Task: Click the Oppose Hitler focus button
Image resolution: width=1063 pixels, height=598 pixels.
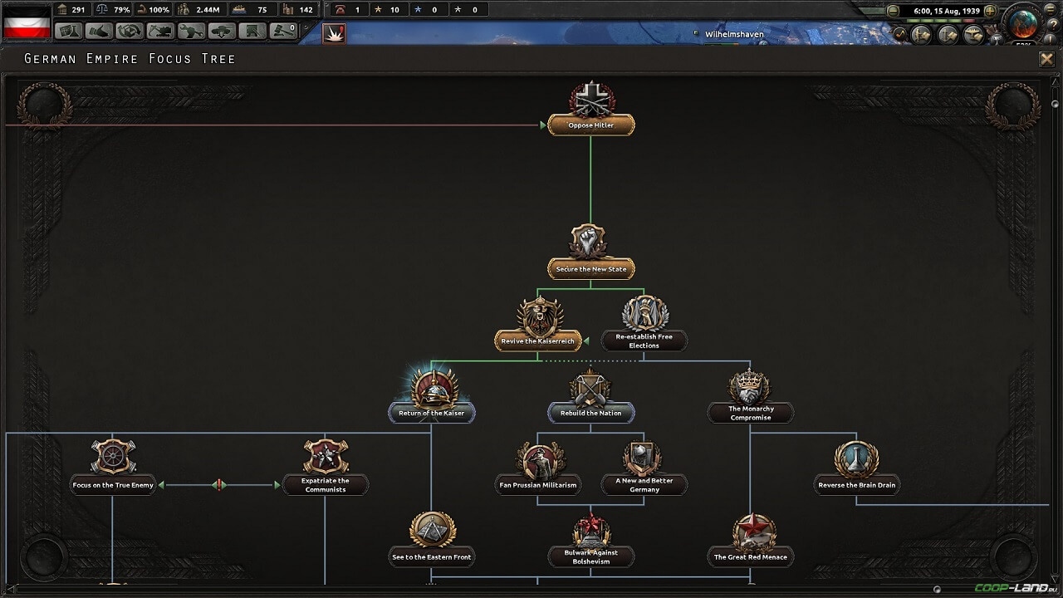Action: pos(590,125)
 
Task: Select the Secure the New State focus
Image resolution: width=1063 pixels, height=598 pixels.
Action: pos(590,269)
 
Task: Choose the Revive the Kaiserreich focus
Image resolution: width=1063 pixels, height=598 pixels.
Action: pos(537,341)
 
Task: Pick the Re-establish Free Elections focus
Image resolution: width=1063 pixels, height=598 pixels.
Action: pos(644,341)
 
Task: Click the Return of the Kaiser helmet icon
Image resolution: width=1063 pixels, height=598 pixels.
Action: pos(433,390)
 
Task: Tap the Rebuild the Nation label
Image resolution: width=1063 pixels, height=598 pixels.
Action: pos(590,413)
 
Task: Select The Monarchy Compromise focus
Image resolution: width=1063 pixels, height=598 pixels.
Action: pos(750,413)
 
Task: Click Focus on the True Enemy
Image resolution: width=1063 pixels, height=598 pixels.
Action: pos(113,485)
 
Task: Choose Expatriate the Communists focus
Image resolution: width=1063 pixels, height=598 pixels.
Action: pos(325,485)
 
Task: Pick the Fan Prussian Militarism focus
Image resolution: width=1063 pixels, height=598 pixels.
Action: pos(537,485)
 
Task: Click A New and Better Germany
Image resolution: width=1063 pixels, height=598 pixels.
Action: pos(644,485)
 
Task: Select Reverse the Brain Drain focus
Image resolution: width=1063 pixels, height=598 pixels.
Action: pos(856,485)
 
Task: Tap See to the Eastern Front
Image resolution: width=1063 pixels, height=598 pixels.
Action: pos(431,556)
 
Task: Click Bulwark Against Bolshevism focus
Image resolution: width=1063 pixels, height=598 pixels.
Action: pos(590,556)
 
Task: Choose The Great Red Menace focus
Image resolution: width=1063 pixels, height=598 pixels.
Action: pos(750,556)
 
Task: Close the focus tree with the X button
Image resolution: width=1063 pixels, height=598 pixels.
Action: pos(1046,59)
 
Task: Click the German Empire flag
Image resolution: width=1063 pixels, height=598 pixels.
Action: pos(27,22)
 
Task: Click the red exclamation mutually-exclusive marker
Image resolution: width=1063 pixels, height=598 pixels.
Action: pos(219,485)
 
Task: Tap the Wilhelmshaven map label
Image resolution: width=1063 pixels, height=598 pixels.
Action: pos(734,34)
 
